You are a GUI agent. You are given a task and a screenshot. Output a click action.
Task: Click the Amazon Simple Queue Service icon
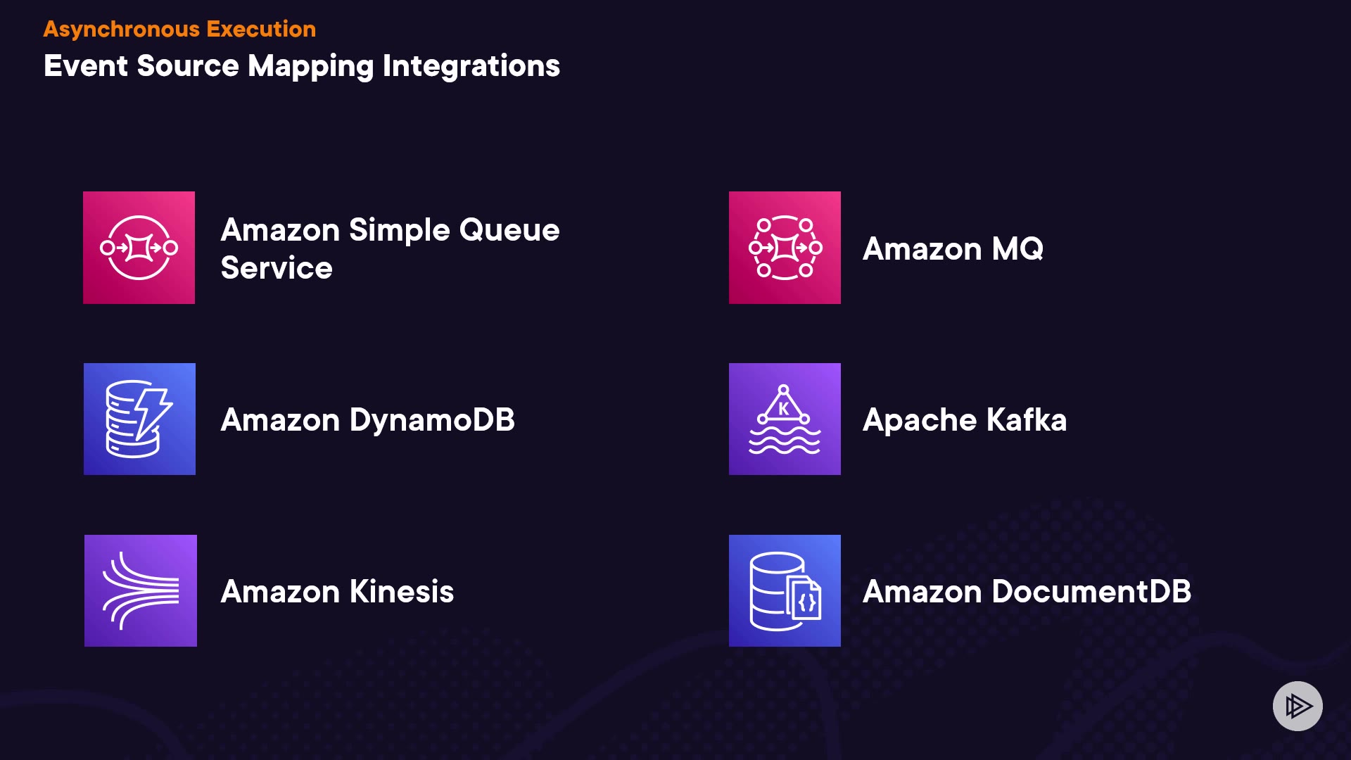pyautogui.click(x=139, y=248)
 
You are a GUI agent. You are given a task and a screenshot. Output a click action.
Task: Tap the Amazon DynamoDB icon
pyautogui.click(x=139, y=419)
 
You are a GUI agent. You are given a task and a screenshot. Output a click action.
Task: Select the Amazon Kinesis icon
pyautogui.click(x=140, y=591)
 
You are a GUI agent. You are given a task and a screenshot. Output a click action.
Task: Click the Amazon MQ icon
pyautogui.click(x=785, y=248)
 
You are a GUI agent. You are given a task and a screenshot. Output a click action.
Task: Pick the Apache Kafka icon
pyautogui.click(x=785, y=419)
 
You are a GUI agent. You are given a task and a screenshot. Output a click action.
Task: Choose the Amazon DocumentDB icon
pyautogui.click(x=785, y=591)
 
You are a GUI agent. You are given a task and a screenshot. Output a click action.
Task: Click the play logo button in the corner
pyautogui.click(x=1298, y=706)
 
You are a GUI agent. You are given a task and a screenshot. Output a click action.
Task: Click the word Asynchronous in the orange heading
pyautogui.click(x=121, y=30)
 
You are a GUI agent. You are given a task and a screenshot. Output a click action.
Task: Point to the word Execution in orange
pyautogui.click(x=261, y=30)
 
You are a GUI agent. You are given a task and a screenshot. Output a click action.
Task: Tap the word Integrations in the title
pyautogui.click(x=471, y=67)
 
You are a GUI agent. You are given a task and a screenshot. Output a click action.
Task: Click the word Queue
pyautogui.click(x=509, y=230)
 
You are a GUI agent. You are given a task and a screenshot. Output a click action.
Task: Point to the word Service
pyautogui.click(x=277, y=268)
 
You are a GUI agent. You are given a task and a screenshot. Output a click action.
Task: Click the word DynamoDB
pyautogui.click(x=432, y=420)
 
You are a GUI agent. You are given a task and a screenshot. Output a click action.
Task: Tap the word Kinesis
pyautogui.click(x=401, y=592)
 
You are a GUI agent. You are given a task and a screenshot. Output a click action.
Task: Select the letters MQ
pyautogui.click(x=1017, y=249)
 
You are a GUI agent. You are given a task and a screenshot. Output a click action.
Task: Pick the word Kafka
pyautogui.click(x=1026, y=420)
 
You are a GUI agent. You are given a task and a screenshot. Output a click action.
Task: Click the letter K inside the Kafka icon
pyautogui.click(x=784, y=409)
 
